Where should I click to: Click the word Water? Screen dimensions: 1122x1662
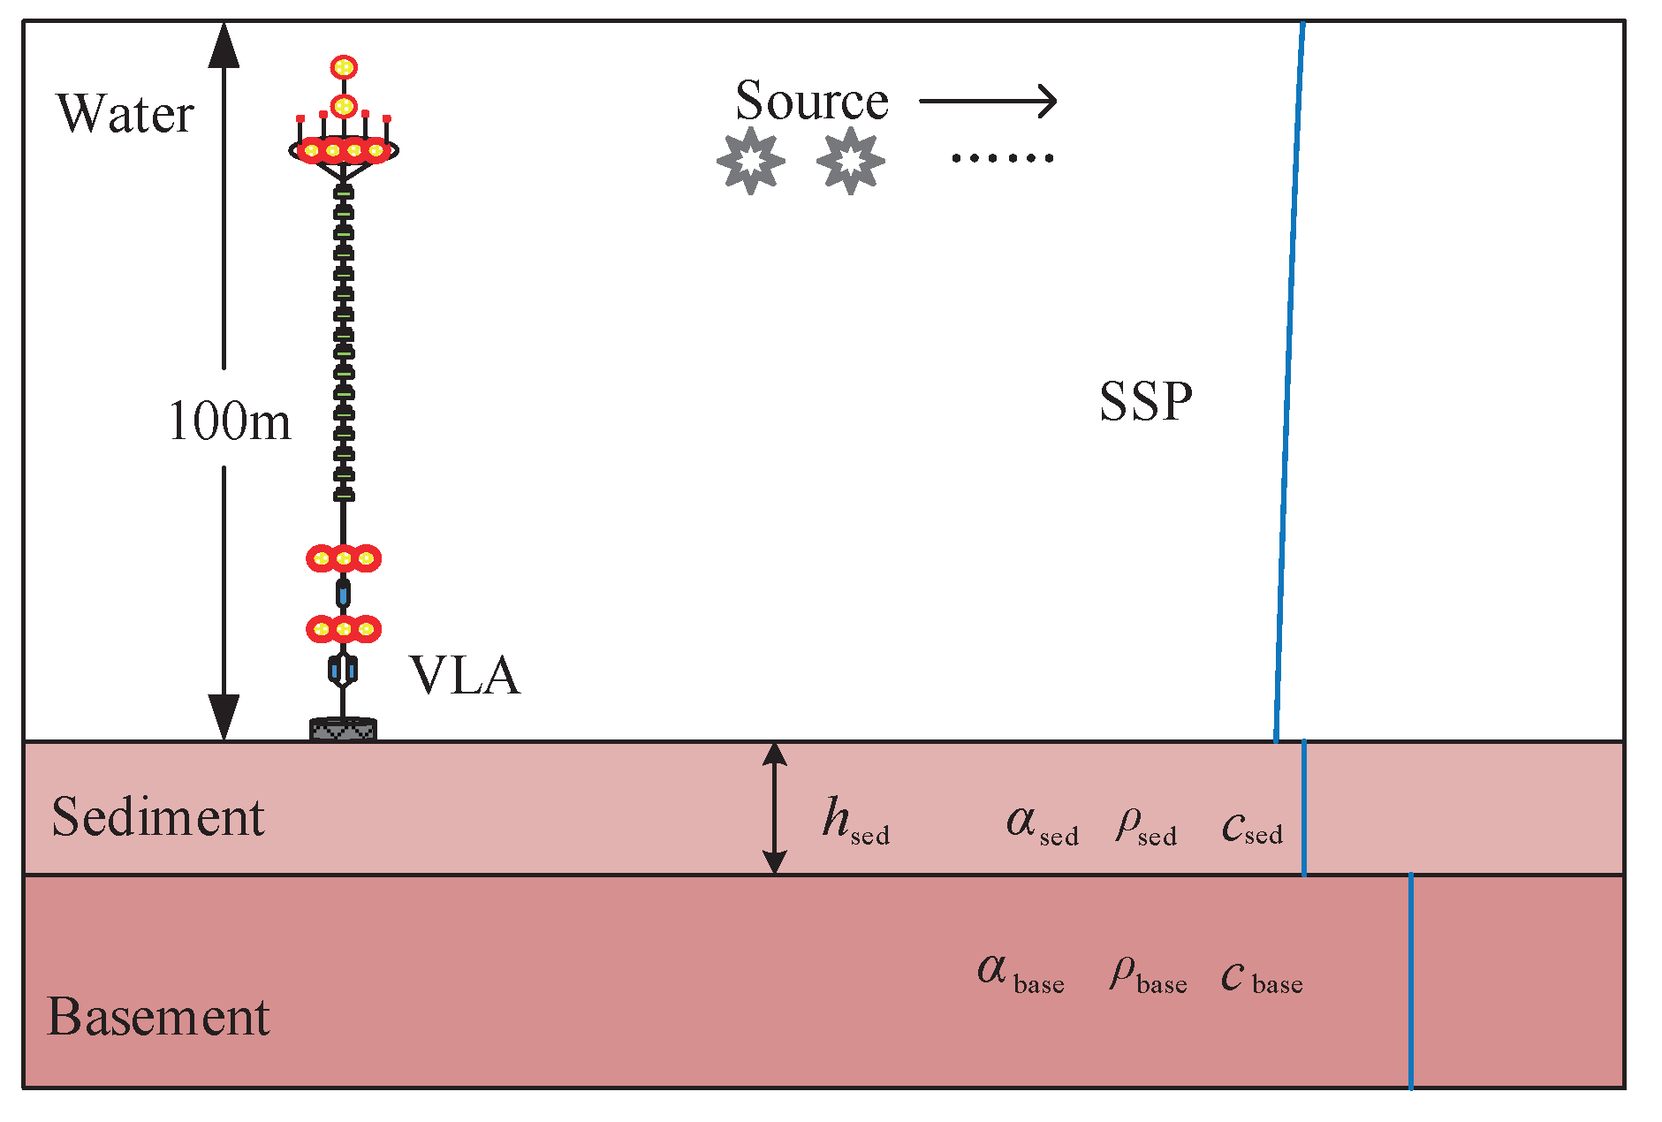click(x=125, y=115)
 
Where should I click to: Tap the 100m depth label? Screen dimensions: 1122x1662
click(x=229, y=421)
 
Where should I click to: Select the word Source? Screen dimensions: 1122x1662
click(x=811, y=101)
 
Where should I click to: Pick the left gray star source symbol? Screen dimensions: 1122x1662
click(x=750, y=161)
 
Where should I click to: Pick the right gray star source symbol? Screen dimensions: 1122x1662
click(x=850, y=161)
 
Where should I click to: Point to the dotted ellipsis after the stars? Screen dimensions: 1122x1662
click(x=1002, y=158)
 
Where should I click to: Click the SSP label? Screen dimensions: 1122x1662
click(x=1145, y=402)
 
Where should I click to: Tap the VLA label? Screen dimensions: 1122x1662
click(x=465, y=677)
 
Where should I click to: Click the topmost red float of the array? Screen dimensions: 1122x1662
click(x=344, y=67)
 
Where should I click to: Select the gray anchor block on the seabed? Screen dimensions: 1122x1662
click(x=343, y=730)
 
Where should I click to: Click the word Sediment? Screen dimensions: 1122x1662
click(x=157, y=817)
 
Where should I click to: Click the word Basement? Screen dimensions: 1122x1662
click(x=157, y=1017)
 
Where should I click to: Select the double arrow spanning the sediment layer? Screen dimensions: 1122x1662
click(x=775, y=807)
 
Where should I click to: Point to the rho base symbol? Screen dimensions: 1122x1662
click(x=1147, y=974)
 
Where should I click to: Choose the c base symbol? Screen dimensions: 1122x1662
click(x=1261, y=977)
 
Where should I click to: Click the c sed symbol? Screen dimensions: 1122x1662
click(x=1251, y=827)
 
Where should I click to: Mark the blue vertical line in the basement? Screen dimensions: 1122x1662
click(x=1410, y=981)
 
